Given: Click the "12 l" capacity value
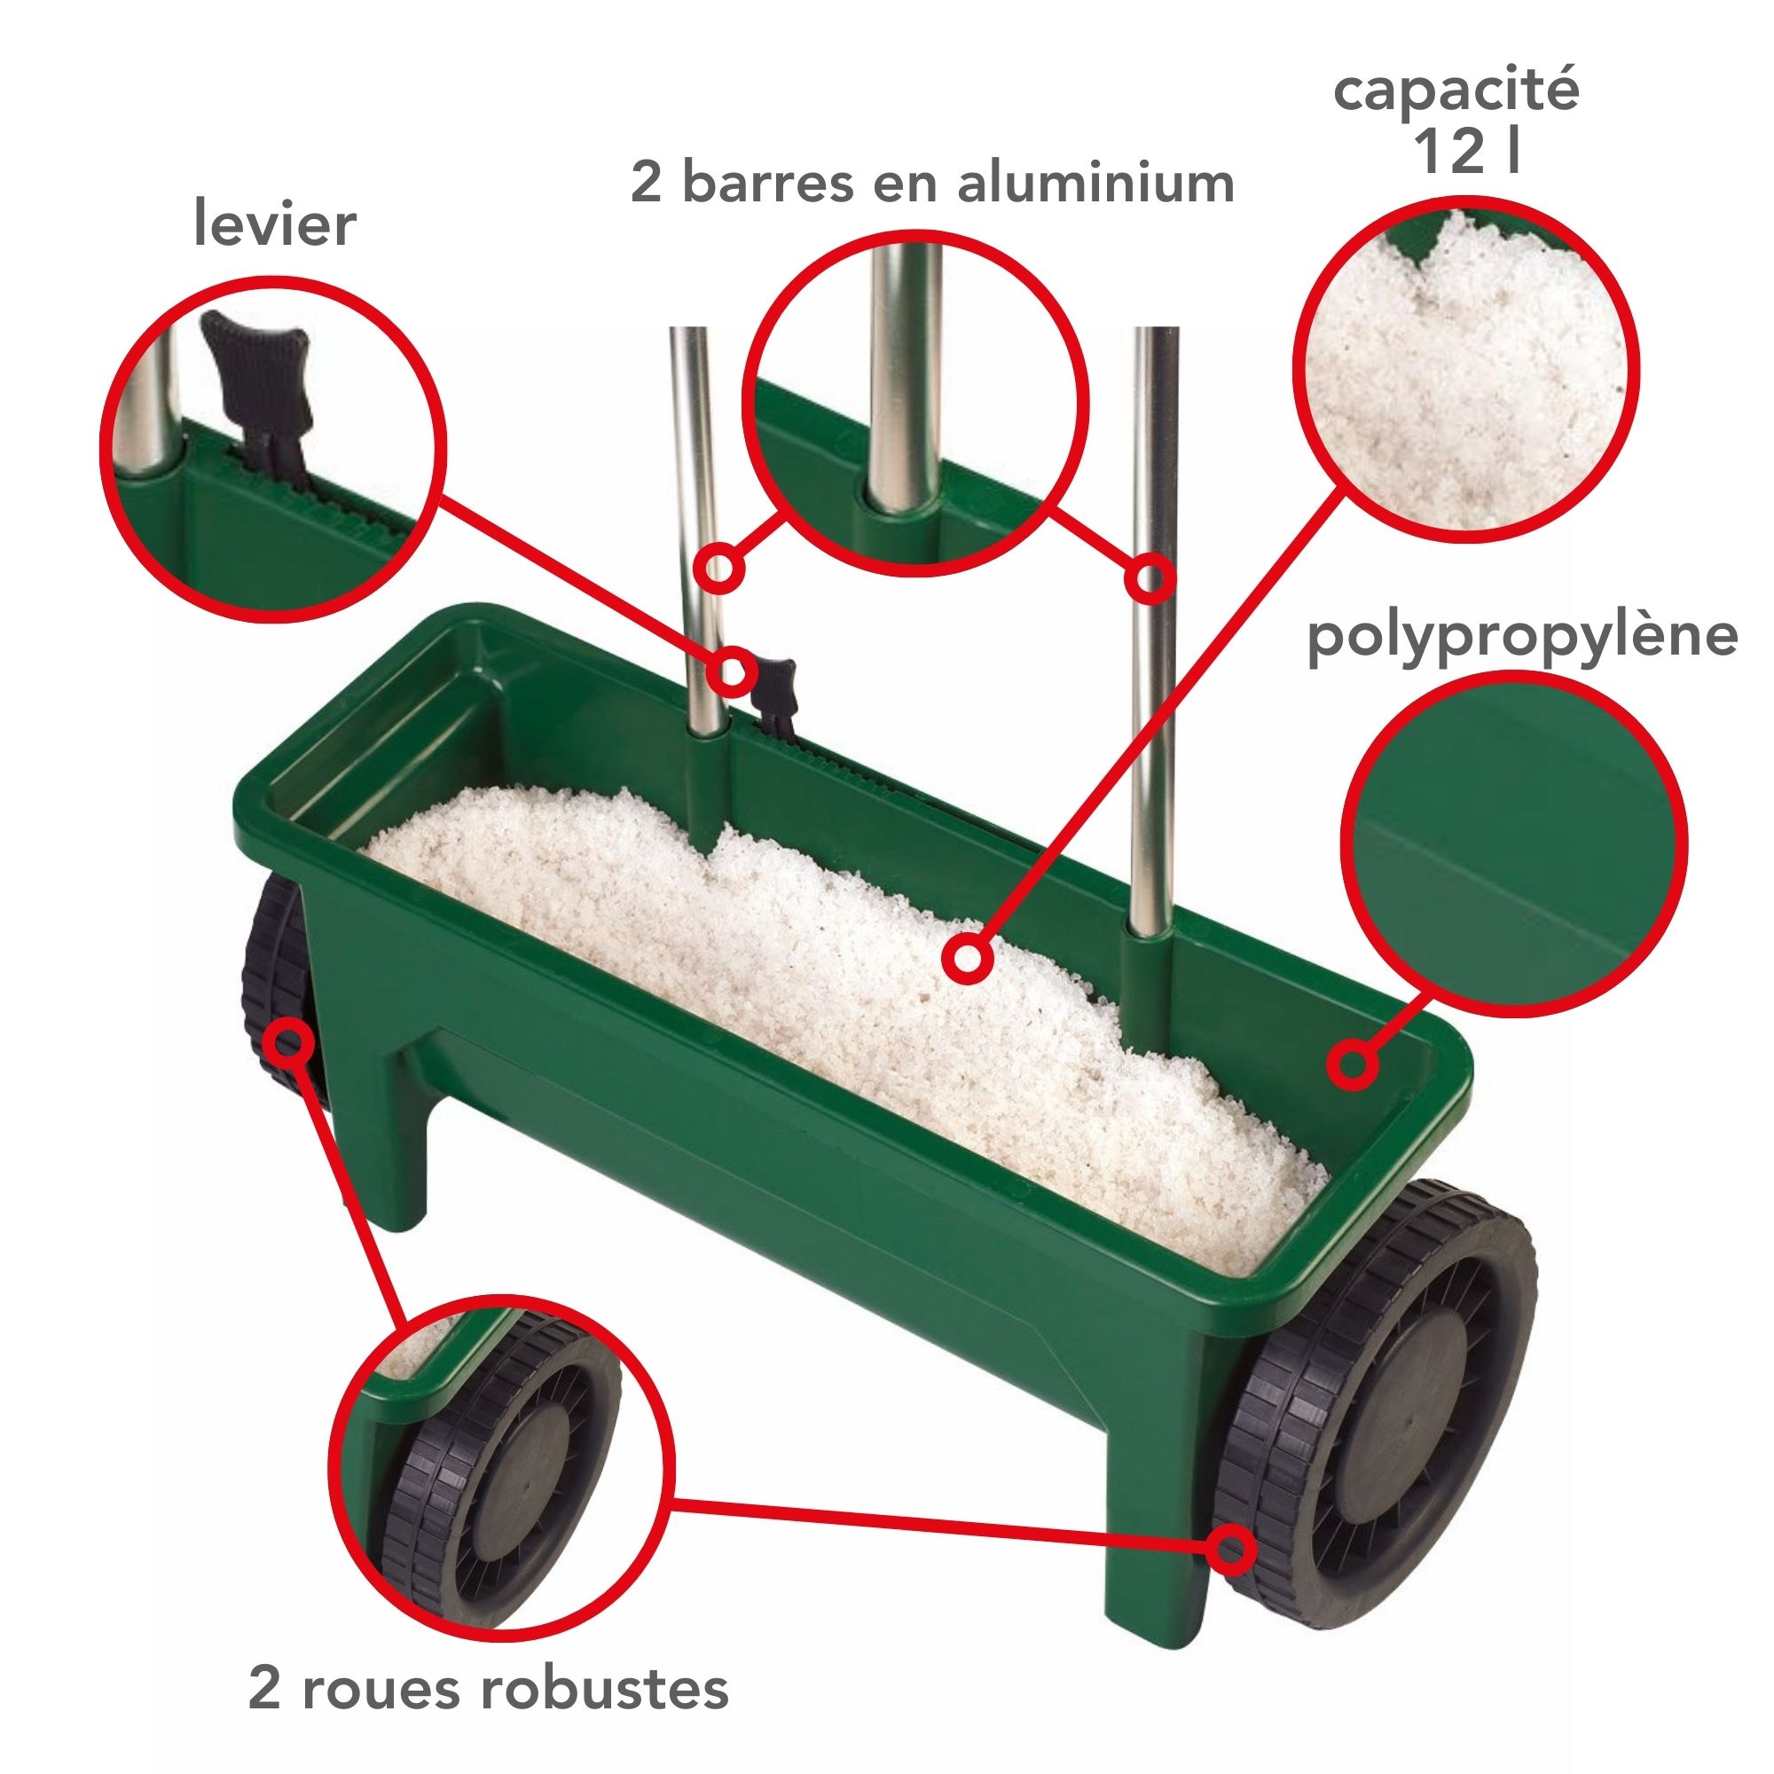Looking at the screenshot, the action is [x=1466, y=150].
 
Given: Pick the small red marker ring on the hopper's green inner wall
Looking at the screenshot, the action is [x=1351, y=1064].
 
